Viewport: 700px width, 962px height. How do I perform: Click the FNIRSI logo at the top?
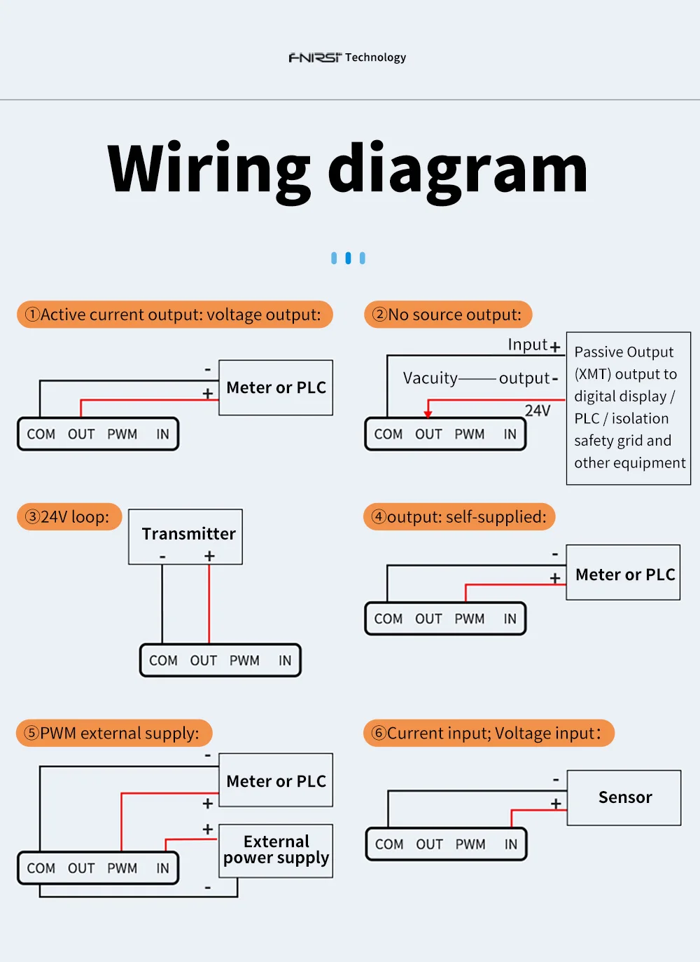(x=315, y=57)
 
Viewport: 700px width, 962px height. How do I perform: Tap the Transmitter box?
(x=185, y=536)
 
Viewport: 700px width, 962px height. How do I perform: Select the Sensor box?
(x=624, y=797)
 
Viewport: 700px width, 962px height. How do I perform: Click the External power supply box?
(x=276, y=850)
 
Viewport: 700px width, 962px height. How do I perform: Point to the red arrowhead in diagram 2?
(x=428, y=413)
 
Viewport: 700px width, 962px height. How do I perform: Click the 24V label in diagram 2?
(x=538, y=411)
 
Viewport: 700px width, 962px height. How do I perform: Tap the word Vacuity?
(x=430, y=378)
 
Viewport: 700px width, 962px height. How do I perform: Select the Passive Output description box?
(x=628, y=408)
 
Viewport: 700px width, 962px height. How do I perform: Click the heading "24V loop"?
(x=69, y=517)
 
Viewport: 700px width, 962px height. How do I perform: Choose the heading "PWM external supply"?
(x=113, y=733)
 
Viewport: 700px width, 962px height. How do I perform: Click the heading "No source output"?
(x=448, y=315)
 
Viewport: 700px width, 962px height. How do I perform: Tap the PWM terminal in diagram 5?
(x=122, y=868)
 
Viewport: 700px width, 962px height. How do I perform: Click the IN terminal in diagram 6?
(x=511, y=844)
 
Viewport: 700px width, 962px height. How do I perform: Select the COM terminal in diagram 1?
(x=41, y=434)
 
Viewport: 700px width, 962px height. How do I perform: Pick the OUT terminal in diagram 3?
(x=203, y=661)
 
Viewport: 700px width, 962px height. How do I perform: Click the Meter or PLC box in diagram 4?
(x=624, y=575)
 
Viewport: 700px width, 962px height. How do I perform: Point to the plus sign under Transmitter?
(x=209, y=556)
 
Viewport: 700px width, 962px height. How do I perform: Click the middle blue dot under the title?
(x=348, y=259)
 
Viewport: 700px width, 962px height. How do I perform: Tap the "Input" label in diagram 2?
(x=527, y=345)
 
